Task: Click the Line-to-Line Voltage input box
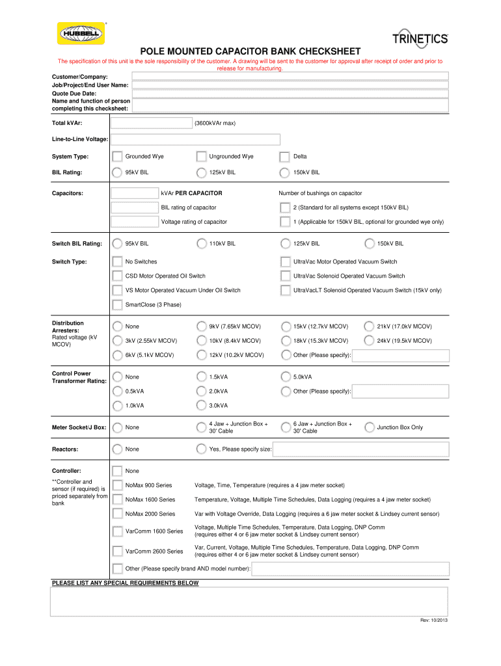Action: pyautogui.click(x=195, y=139)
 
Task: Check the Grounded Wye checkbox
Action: pyautogui.click(x=117, y=157)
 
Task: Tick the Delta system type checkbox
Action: pyautogui.click(x=284, y=157)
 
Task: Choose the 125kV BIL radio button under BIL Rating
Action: pyautogui.click(x=201, y=172)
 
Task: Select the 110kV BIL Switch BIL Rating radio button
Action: pyautogui.click(x=201, y=244)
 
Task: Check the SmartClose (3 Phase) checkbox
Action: pyautogui.click(x=117, y=304)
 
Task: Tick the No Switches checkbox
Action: pyautogui.click(x=117, y=261)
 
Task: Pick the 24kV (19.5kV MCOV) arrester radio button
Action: pyautogui.click(x=369, y=341)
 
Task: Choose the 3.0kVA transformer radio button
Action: pyautogui.click(x=201, y=406)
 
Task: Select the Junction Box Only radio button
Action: pyautogui.click(x=369, y=427)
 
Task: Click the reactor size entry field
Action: pyautogui.click(x=360, y=449)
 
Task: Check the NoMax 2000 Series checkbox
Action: pyautogui.click(x=117, y=514)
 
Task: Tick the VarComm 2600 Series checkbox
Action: pyautogui.click(x=117, y=551)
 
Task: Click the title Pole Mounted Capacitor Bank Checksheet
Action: pyautogui.click(x=250, y=51)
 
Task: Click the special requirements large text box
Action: pyautogui.click(x=250, y=601)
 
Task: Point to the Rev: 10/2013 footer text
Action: pyautogui.click(x=433, y=620)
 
